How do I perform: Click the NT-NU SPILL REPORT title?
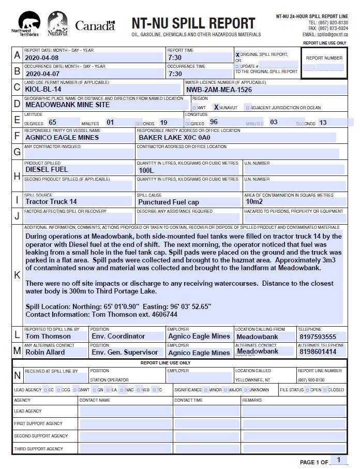coord(193,23)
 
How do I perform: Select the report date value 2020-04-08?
coord(42,58)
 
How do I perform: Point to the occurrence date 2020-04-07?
coord(42,74)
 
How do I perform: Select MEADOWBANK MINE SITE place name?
coord(67,105)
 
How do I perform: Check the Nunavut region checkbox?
coord(216,108)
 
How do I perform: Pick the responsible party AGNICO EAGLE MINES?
coord(62,138)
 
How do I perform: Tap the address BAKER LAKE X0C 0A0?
coord(174,138)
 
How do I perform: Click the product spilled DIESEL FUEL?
coord(47,169)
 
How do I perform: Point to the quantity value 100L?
coord(146,170)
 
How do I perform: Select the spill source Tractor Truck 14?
coord(51,201)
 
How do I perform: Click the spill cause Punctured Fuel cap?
coord(169,202)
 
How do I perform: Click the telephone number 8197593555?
coord(318,336)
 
